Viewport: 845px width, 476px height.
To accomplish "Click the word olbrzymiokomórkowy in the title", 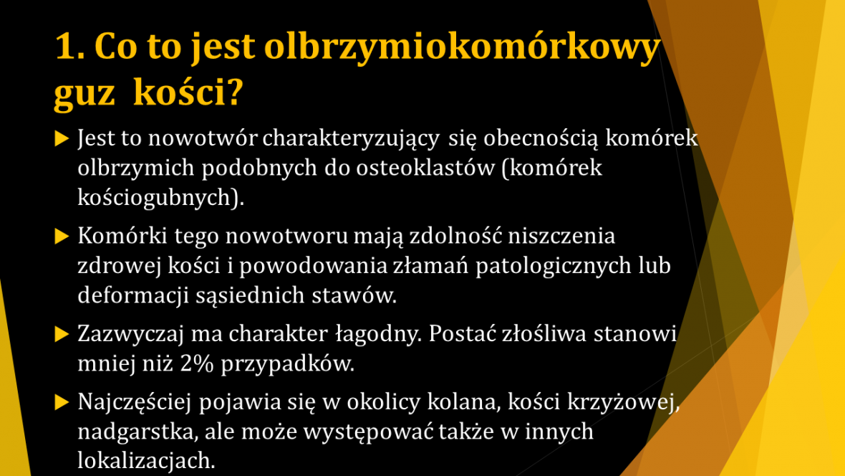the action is pyautogui.click(x=463, y=47).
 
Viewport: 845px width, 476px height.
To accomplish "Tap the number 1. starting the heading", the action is pyautogui.click(x=71, y=46).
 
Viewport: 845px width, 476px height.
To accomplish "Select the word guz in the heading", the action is pyautogui.click(x=84, y=93).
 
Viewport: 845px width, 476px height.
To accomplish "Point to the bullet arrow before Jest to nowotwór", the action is pyautogui.click(x=62, y=138).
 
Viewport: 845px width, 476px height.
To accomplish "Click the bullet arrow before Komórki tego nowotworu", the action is pyautogui.click(x=62, y=237).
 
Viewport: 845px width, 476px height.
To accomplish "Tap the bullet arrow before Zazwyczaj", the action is pyautogui.click(x=62, y=335).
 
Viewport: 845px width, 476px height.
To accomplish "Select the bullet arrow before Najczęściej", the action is pyautogui.click(x=62, y=403).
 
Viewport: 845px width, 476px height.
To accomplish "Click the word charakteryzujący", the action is pyautogui.click(x=351, y=139).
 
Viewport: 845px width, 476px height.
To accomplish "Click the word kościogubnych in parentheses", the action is pyautogui.click(x=154, y=198).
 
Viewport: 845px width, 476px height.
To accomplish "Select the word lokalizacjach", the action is pyautogui.click(x=146, y=461).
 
